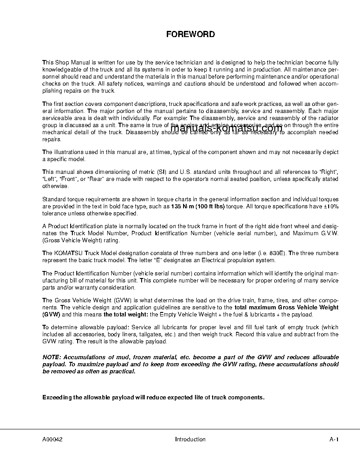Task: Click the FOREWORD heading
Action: [190, 34]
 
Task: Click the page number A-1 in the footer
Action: [334, 439]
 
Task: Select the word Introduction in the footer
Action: [190, 439]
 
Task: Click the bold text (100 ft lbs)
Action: [210, 206]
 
